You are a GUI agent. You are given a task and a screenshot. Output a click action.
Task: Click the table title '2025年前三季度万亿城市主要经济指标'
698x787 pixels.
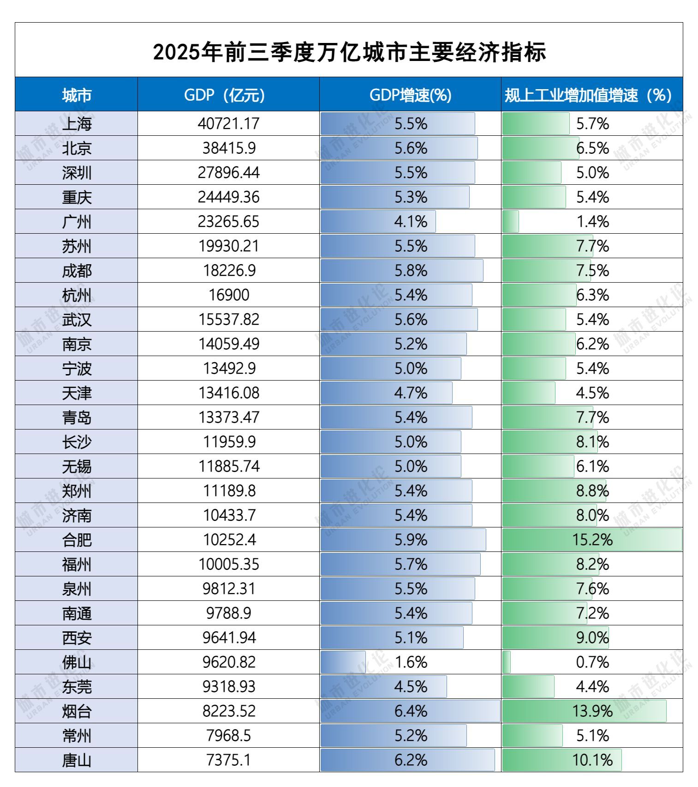tap(349, 52)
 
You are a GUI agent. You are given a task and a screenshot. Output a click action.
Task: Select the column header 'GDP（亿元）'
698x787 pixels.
tap(225, 95)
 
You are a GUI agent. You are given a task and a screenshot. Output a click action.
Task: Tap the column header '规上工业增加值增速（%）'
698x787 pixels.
tap(588, 95)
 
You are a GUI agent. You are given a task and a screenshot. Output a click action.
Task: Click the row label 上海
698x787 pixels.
tap(77, 124)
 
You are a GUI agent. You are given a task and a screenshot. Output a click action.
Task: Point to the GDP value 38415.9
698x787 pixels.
tap(229, 148)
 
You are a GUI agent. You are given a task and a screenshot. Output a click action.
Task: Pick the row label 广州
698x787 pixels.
tap(77, 222)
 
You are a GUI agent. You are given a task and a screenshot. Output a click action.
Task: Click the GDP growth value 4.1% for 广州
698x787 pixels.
tap(410, 222)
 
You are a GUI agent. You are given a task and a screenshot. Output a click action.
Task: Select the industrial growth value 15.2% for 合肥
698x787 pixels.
tap(592, 540)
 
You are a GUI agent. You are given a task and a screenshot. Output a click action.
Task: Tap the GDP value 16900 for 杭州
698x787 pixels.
tap(229, 295)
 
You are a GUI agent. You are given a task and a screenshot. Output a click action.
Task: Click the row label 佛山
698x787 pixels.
tap(77, 662)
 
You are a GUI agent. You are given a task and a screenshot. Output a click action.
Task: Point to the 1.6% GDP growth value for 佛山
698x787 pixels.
tap(410, 662)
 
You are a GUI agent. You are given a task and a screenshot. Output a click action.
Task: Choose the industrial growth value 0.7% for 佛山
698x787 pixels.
tap(592, 662)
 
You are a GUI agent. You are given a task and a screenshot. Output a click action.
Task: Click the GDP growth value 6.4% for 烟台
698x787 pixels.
tap(410, 711)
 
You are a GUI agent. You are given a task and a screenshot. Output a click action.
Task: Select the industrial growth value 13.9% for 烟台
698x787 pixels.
tap(592, 711)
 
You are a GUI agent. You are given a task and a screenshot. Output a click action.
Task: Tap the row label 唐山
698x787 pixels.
tap(77, 760)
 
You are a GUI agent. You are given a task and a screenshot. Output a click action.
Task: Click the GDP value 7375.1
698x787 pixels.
tap(229, 760)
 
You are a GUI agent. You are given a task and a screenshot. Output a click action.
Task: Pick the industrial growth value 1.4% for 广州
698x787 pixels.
tap(592, 222)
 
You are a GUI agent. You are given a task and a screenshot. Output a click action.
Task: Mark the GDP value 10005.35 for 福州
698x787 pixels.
tap(229, 564)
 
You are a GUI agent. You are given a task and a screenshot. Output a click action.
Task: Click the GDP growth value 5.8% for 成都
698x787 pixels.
tap(410, 271)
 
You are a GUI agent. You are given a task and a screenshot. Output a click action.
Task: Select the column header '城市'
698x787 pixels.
tap(77, 95)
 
